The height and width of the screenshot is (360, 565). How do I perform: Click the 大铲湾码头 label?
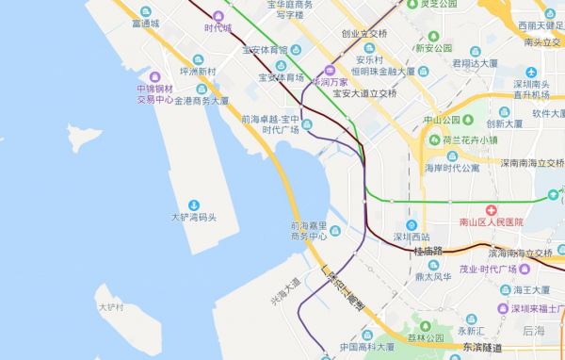[x=194, y=218]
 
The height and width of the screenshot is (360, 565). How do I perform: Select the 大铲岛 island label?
[x=110, y=307]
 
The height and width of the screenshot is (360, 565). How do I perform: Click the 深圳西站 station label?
[x=412, y=237]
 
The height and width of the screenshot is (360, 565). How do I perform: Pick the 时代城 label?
[x=218, y=28]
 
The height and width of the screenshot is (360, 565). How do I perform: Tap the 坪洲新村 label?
[x=198, y=72]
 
